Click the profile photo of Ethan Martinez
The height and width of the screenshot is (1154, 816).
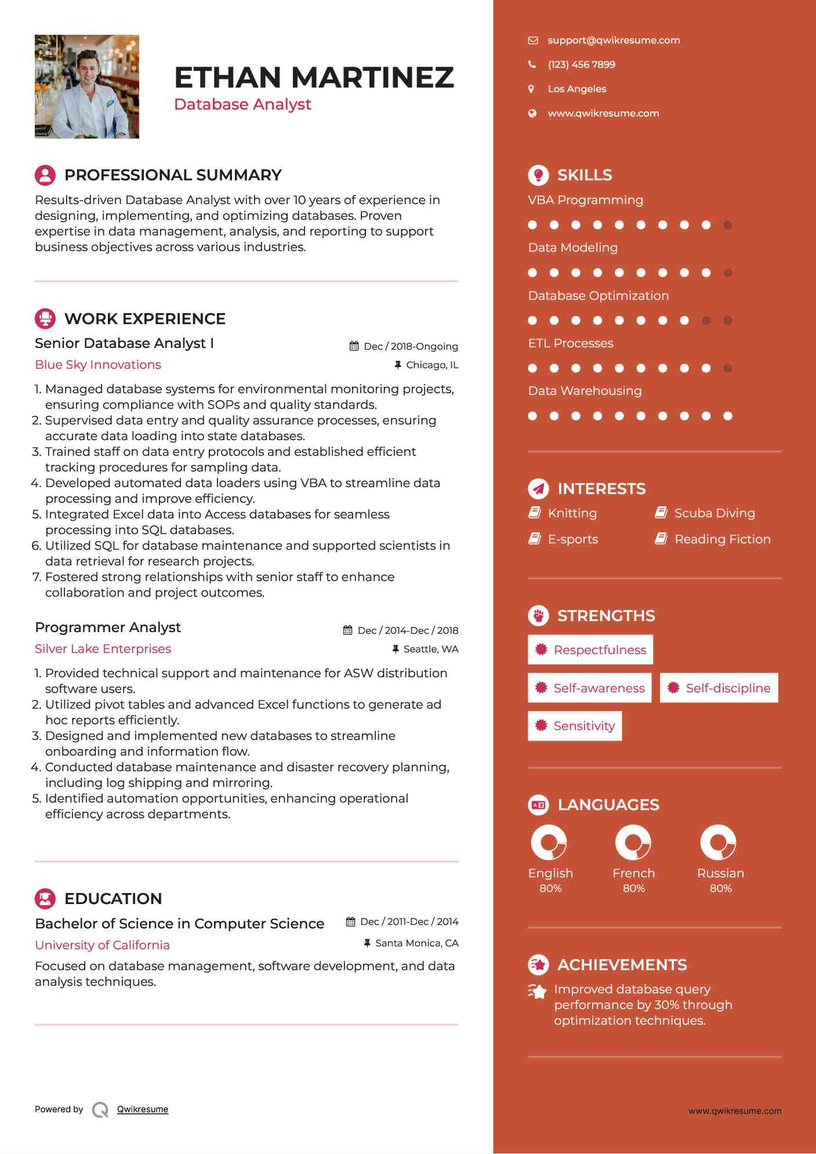[x=87, y=86]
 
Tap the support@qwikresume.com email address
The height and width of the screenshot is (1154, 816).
[x=614, y=40]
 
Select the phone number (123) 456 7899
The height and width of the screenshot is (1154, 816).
[x=581, y=64]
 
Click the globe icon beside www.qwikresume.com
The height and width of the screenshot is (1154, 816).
[x=532, y=114]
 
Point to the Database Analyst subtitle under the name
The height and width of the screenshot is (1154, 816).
[x=242, y=104]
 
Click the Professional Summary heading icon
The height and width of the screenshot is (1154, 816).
[x=45, y=175]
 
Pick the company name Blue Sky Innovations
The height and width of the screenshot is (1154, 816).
[x=98, y=365]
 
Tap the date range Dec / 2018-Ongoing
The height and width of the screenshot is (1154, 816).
[x=411, y=346]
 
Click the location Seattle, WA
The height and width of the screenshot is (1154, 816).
[x=430, y=649]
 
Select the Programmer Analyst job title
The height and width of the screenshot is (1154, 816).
[x=108, y=627]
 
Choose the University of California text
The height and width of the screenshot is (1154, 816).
[x=102, y=945]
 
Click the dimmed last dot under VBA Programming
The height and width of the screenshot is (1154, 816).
[x=728, y=225]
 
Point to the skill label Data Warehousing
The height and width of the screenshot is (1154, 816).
[x=585, y=391]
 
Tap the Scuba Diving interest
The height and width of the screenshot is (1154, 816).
[x=715, y=513]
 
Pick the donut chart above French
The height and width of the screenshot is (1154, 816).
[x=633, y=842]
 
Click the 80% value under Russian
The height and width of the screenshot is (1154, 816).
[x=720, y=888]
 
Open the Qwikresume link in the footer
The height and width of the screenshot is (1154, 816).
[x=143, y=1109]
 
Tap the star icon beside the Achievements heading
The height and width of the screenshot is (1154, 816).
[x=538, y=965]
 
